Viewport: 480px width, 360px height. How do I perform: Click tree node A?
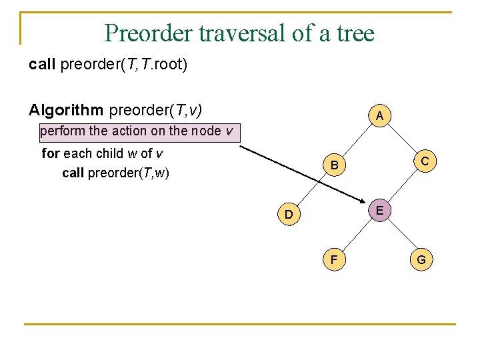379,116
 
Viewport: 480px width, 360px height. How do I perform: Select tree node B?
335,165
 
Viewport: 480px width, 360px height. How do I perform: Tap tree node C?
423,161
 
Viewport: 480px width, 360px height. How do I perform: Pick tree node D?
288,214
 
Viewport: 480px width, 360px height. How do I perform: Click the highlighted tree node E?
379,211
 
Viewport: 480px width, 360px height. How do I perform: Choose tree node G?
422,259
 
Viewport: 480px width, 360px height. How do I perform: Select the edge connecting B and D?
311,189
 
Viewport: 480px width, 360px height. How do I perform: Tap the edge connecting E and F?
355,235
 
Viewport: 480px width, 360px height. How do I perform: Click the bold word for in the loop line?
51,153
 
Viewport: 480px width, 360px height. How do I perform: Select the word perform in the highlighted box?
58,131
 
